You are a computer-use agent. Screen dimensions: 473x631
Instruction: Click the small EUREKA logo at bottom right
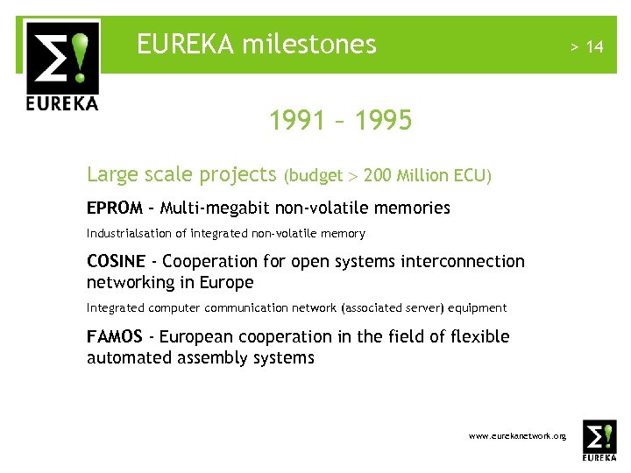pos(599,440)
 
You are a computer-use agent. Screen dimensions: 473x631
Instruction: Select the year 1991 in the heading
pos(298,120)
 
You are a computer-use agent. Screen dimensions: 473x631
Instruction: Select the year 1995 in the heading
pos(383,120)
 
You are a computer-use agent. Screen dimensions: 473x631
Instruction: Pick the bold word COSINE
pos(114,261)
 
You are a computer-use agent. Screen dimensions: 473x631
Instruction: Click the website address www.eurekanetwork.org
pos(517,435)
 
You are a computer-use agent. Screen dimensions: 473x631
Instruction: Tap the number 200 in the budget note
pos(377,176)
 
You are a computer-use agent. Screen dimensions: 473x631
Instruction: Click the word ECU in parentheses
pos(471,176)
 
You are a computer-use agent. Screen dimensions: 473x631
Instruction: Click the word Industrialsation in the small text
pos(124,234)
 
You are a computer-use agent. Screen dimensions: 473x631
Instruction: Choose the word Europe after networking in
pos(227,282)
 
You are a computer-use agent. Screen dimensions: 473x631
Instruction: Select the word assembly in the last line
pos(202,357)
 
